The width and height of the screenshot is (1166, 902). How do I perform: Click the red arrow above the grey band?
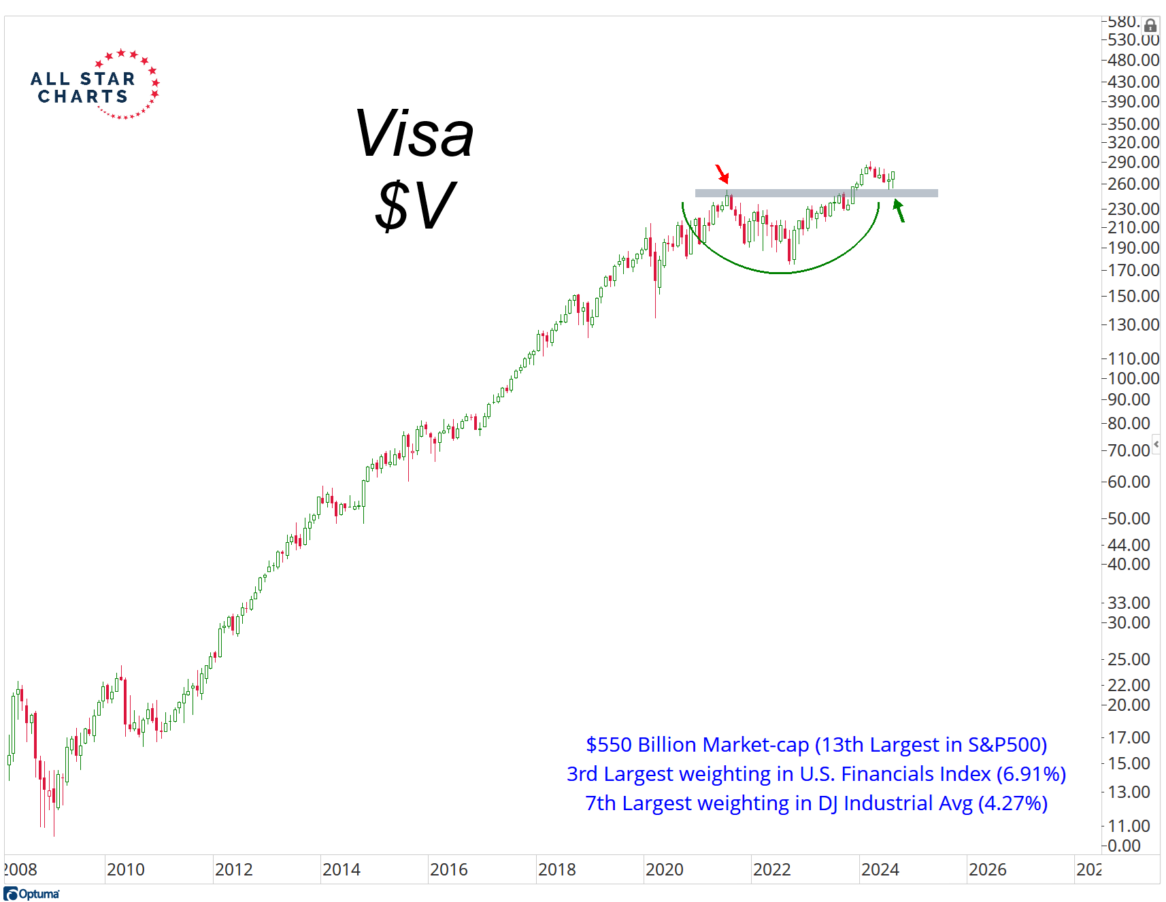pos(722,174)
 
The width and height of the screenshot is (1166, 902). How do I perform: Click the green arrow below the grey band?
pos(899,210)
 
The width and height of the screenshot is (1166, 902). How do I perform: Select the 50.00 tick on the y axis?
pos(1129,518)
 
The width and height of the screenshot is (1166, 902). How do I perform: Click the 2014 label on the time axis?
pos(341,869)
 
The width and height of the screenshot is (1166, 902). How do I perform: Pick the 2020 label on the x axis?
pos(664,869)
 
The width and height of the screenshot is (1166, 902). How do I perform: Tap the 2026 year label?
pos(987,869)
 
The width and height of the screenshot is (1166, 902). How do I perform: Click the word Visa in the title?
pos(414,134)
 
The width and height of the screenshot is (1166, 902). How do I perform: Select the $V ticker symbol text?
pos(414,205)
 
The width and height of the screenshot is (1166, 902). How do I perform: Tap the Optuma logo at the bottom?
pos(32,893)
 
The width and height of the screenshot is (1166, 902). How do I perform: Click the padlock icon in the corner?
pos(1150,26)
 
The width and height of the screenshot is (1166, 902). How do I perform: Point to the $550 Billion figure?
pos(635,745)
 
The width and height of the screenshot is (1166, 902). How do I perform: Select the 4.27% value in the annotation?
pos(1013,803)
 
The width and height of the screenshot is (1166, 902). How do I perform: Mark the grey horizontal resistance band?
pos(816,193)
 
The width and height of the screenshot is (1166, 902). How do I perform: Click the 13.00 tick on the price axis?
pos(1129,792)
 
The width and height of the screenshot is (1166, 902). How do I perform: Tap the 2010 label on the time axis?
pos(126,869)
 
